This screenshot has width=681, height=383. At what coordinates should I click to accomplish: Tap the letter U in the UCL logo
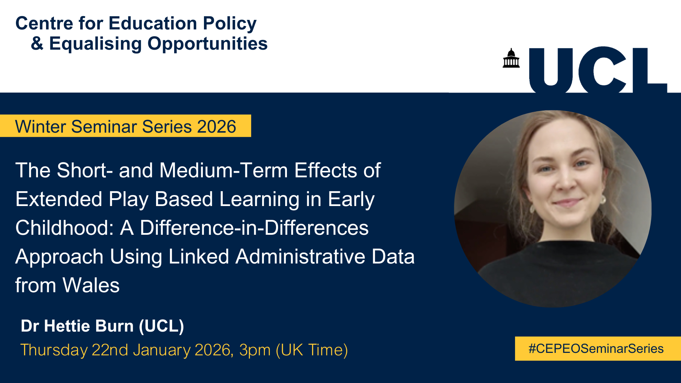point(551,70)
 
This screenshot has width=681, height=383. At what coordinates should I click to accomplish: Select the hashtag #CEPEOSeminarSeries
point(596,349)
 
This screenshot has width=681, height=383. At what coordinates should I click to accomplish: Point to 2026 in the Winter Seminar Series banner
point(216,127)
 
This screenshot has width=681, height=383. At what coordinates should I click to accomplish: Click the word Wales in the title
point(91,285)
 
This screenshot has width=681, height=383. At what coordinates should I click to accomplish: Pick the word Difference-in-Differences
point(254,228)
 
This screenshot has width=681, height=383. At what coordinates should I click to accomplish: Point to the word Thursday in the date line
point(54,350)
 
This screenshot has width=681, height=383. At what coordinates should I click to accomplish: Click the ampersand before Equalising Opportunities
point(37,44)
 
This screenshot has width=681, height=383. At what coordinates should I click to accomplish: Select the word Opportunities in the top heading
point(207,44)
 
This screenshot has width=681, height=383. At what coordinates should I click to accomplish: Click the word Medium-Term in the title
point(223,170)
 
